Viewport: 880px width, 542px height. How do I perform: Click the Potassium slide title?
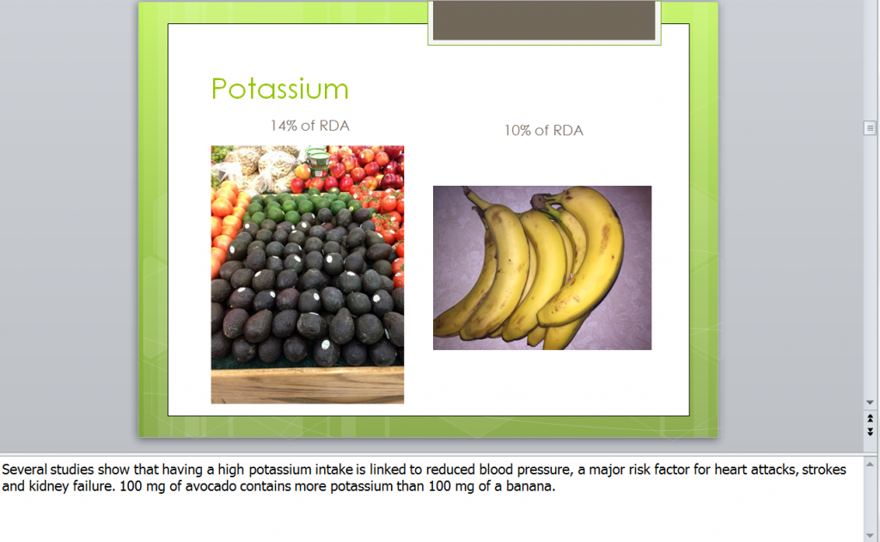280,89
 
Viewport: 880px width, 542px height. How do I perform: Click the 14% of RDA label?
309,126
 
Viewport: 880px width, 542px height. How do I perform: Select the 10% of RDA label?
543,131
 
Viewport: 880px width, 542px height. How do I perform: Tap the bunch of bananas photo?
541,268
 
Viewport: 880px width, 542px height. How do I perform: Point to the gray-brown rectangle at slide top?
543,21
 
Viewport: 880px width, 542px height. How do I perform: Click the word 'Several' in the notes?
26,470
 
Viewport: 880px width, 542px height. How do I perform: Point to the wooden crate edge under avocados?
307,385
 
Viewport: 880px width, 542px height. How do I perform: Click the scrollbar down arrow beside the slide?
870,402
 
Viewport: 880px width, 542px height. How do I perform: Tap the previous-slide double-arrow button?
870,417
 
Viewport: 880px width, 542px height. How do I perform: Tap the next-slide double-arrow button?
870,431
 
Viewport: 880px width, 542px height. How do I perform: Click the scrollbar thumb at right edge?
870,128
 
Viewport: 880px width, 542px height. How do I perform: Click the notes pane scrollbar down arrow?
870,534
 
